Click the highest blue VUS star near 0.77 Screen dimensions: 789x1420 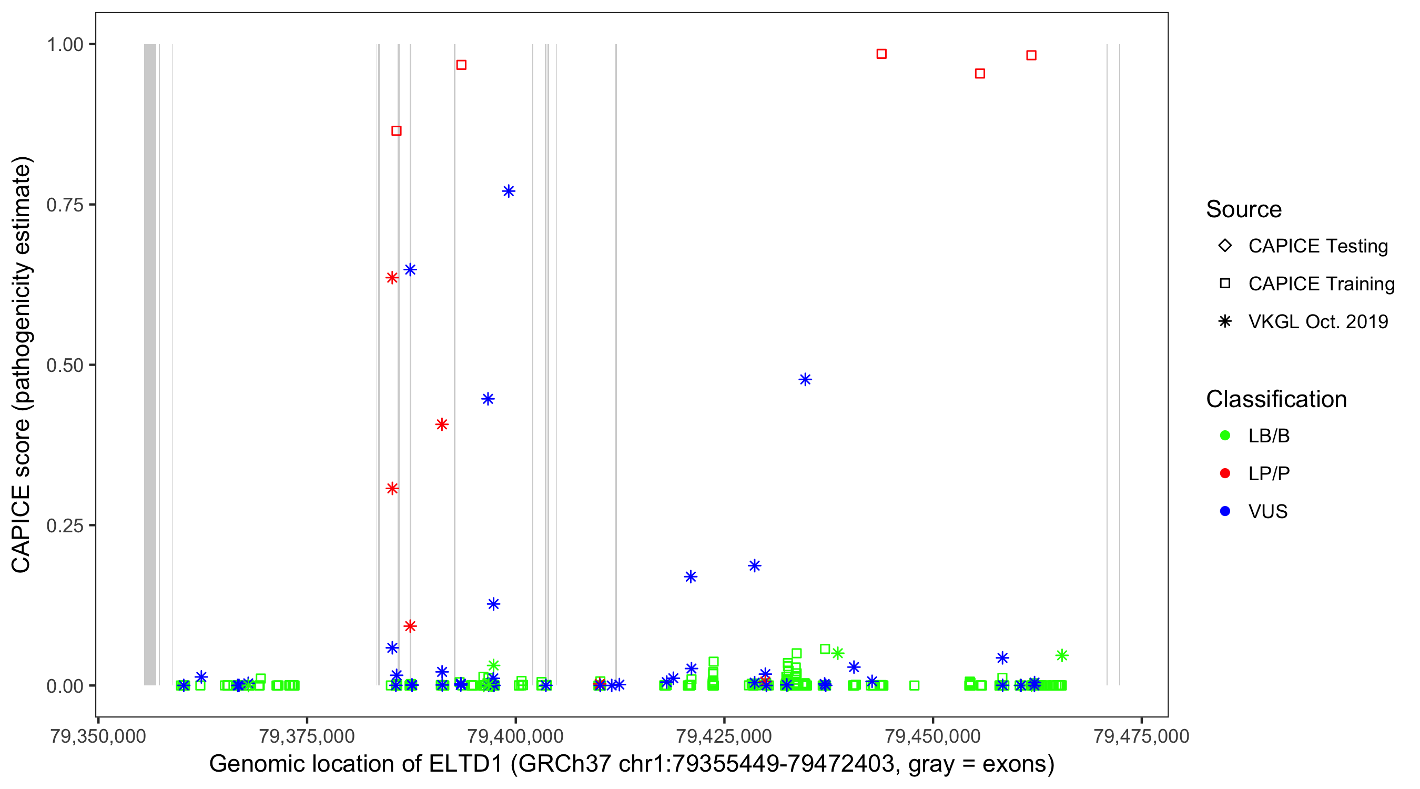tap(508, 191)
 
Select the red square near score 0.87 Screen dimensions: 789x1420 tap(397, 130)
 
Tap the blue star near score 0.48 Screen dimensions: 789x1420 tap(805, 379)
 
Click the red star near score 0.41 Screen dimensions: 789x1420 tap(442, 424)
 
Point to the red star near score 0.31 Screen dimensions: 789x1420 tap(392, 489)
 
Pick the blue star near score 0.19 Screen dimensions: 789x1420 tap(754, 565)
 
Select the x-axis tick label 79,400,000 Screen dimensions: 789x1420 tap(515, 736)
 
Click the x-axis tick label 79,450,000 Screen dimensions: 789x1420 tap(932, 736)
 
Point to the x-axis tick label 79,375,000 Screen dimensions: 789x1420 tap(307, 736)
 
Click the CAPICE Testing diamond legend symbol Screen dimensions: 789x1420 tap(1225, 245)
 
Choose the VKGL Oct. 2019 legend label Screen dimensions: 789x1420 tap(1318, 321)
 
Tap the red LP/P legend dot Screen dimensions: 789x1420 tap(1225, 473)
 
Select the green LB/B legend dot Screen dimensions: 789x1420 tap(1225, 436)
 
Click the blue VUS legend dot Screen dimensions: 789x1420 tap(1225, 511)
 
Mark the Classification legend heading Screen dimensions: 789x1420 tap(1276, 399)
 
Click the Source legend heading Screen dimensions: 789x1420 tap(1244, 209)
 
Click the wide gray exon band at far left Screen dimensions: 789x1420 tap(150, 364)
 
